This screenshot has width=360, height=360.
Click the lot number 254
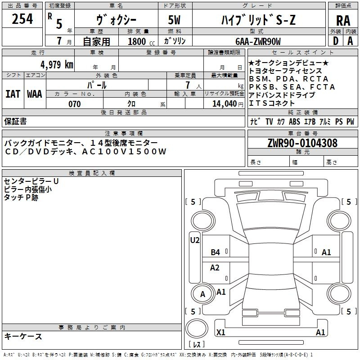coord(22,19)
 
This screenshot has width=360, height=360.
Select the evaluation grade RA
coord(343,21)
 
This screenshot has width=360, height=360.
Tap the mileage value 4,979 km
coord(57,64)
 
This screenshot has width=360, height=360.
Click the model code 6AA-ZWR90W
coord(258,41)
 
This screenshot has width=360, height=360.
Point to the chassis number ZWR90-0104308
coord(302,143)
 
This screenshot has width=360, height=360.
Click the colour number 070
coord(75,104)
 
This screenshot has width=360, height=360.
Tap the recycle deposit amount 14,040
coord(225,104)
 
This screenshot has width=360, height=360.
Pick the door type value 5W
coord(174,20)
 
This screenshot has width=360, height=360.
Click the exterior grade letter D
coord(335,41)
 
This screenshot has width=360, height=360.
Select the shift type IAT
coord(13,94)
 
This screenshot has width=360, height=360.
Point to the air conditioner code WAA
coord(35,94)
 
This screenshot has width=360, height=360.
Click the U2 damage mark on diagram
coord(195,240)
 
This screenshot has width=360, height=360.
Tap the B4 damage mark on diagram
coord(216,252)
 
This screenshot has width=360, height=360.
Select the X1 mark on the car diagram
coord(221,332)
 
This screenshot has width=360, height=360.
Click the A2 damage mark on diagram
coord(215,267)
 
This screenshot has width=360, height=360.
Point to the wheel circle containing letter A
coord(203,294)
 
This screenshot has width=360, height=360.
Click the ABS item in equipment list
coord(294,121)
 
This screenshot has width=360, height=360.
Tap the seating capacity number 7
coord(188,85)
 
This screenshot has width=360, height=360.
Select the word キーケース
coord(23,336)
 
